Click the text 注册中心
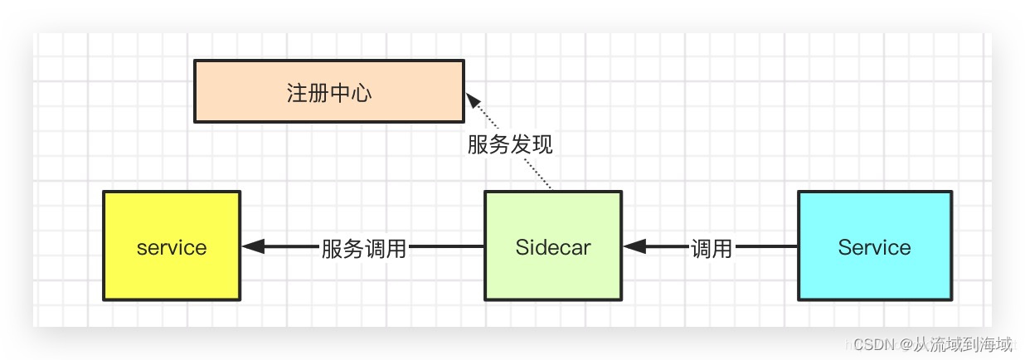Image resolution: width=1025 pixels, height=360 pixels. pos(329,92)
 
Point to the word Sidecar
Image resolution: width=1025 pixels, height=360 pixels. pos(552,247)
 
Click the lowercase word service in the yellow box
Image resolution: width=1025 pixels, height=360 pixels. pos(172,247)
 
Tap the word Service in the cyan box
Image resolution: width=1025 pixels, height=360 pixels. pos(874,247)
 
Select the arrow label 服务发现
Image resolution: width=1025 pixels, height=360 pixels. pos(510,145)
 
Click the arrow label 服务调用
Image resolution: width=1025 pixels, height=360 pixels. pos(364,248)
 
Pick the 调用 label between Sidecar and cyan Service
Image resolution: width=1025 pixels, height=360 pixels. pos(712,248)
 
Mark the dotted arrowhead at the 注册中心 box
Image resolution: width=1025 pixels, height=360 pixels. pos(472,100)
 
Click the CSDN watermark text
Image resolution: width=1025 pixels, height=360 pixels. pos(872,343)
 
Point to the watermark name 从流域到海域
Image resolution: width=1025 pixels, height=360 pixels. pos(962,343)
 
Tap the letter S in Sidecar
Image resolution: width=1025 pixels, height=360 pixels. pos(522,247)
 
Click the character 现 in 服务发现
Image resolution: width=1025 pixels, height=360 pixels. pos(542,145)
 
